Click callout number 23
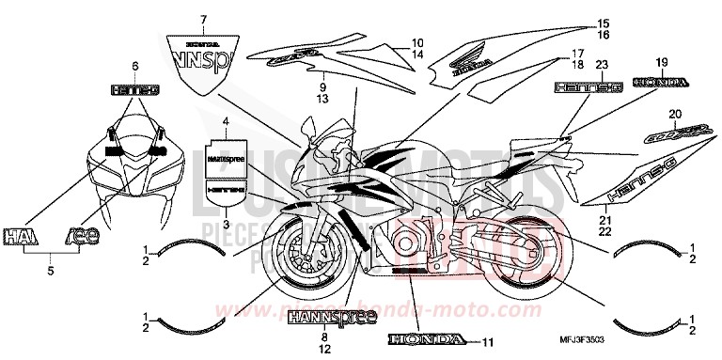pyautogui.click(x=574, y=64)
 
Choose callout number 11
pyautogui.click(x=487, y=340)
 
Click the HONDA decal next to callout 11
pyautogui.click(x=426, y=339)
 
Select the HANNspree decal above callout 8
pyautogui.click(x=323, y=314)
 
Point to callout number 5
pyautogui.click(x=51, y=271)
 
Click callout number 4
pyautogui.click(x=225, y=122)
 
